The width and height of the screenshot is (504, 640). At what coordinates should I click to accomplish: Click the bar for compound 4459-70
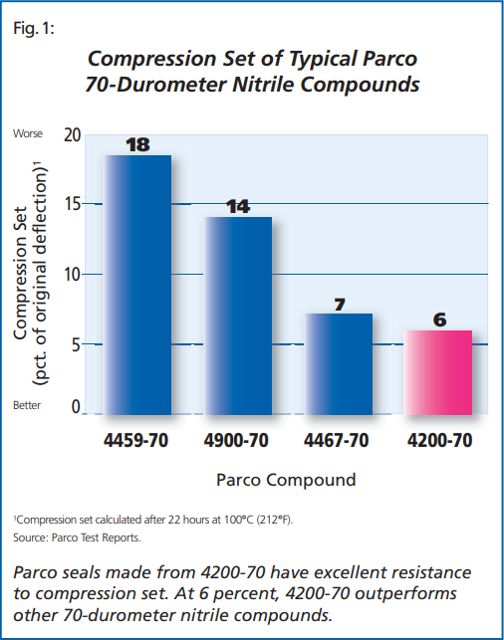click(x=137, y=284)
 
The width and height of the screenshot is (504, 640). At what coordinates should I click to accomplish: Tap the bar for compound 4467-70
click(x=338, y=362)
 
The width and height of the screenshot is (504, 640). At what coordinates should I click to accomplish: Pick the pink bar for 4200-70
click(x=437, y=371)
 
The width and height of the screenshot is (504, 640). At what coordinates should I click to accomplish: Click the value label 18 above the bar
click(x=137, y=145)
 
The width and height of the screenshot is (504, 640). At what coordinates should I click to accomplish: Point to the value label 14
click(x=238, y=207)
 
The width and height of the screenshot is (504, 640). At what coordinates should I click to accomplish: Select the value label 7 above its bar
click(x=339, y=305)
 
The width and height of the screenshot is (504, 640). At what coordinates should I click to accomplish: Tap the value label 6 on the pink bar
click(x=438, y=320)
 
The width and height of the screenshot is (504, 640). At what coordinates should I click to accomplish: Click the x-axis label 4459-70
click(x=136, y=439)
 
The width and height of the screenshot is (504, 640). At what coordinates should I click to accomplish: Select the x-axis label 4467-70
click(x=338, y=439)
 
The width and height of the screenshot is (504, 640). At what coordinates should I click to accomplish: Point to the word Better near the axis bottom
click(x=28, y=406)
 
